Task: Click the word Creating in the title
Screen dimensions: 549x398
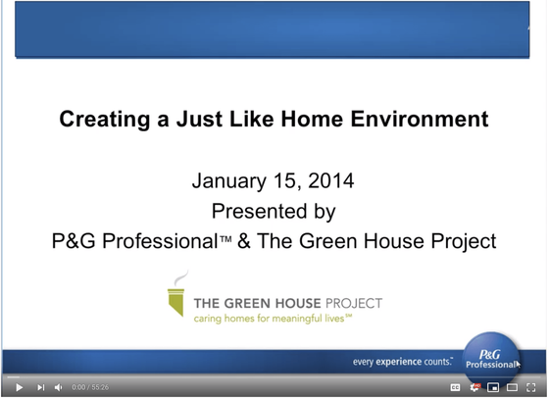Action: (105, 120)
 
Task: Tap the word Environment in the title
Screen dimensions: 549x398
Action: (420, 119)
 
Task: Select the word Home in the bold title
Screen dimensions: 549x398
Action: (313, 119)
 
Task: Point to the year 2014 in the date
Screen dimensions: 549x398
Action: (331, 181)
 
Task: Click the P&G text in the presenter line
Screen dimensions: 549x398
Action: (74, 241)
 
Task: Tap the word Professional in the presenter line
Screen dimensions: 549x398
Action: (161, 241)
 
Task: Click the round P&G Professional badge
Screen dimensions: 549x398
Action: (490, 360)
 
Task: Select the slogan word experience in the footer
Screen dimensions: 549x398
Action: (398, 362)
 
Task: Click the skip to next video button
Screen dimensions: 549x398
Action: (40, 387)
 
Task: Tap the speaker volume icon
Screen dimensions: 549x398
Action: (58, 387)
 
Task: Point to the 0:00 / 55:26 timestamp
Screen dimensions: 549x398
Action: (90, 387)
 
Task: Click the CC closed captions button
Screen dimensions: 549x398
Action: (455, 387)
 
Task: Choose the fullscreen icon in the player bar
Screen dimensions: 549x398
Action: (530, 387)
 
